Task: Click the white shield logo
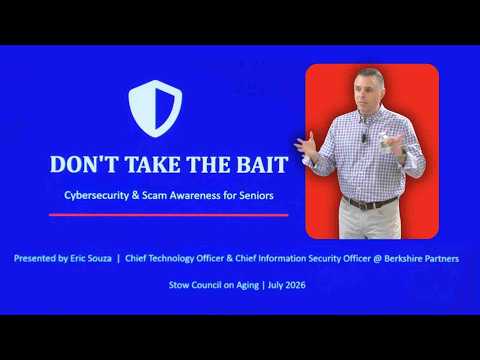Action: pyautogui.click(x=155, y=108)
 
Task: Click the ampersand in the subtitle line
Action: pyautogui.click(x=135, y=195)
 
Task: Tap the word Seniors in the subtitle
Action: pyautogui.click(x=256, y=195)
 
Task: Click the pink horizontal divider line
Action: pyautogui.click(x=169, y=215)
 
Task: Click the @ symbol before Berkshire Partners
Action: pyautogui.click(x=377, y=259)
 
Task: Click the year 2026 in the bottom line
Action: pyautogui.click(x=296, y=285)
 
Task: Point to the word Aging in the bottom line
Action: pyautogui.click(x=247, y=286)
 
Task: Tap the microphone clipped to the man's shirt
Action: pyautogui.click(x=365, y=137)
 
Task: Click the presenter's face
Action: pyautogui.click(x=368, y=91)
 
